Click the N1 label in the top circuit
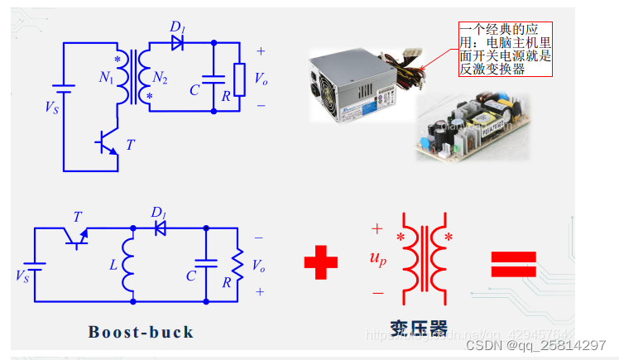106,79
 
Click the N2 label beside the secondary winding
160,79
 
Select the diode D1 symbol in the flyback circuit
176,41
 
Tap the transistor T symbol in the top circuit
106,143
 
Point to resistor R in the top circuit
239,79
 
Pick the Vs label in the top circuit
52,106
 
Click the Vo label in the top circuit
261,79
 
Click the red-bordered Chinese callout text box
505,50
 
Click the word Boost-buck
141,333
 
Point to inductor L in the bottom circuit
129,265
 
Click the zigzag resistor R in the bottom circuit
238,265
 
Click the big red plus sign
321,264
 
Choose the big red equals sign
514,264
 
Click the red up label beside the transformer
378,259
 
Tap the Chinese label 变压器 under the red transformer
419,329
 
